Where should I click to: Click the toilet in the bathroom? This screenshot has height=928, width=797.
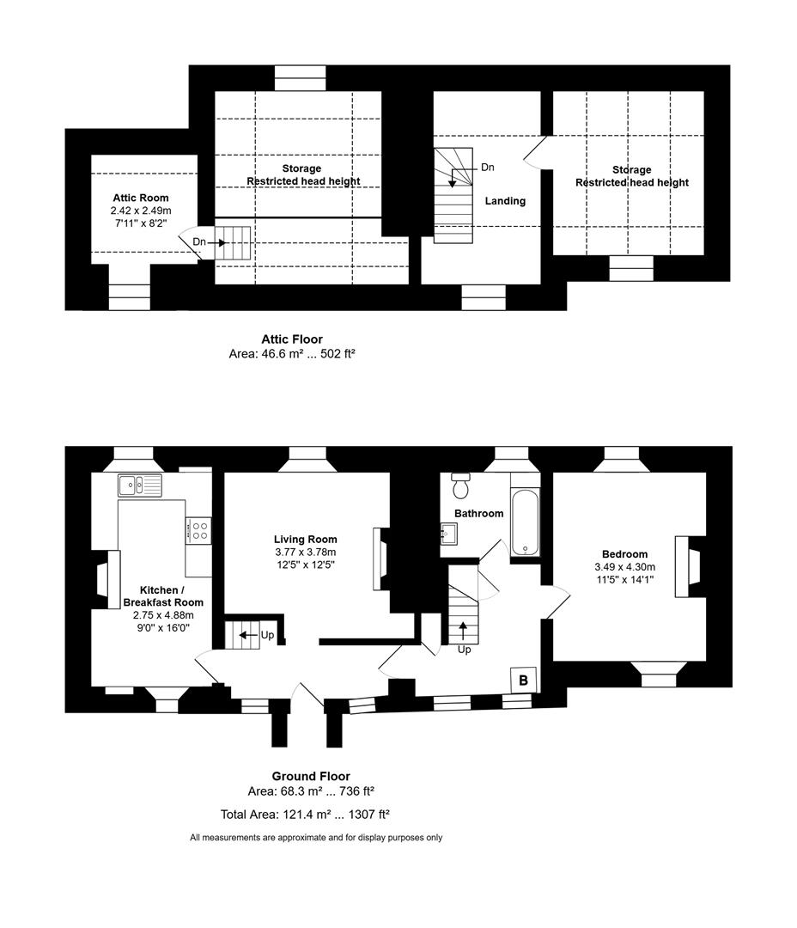pos(461,485)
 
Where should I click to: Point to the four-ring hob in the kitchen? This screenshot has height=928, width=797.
pos(198,530)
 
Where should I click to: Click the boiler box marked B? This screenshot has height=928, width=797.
pos(524,679)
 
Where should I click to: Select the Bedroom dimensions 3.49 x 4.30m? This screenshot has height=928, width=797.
pos(624,567)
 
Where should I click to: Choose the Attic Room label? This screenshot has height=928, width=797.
pos(141,198)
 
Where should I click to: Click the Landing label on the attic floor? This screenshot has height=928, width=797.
pos(505,201)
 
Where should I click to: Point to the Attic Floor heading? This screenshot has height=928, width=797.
pos(292,339)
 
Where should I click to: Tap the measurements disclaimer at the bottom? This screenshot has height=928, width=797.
pos(316,838)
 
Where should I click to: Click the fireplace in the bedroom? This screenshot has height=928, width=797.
pos(689,566)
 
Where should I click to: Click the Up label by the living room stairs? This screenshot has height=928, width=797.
pos(268,636)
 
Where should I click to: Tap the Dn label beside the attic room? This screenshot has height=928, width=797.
pos(199,242)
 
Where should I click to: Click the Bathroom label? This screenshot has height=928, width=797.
pos(478,513)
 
